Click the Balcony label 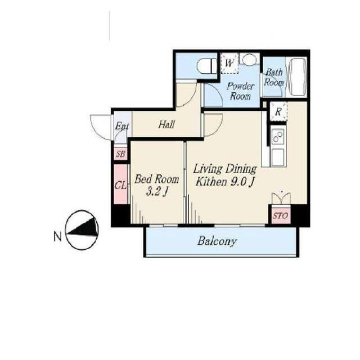click(217, 241)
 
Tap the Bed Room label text click(156, 179)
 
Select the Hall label click(166, 124)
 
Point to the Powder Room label click(240, 91)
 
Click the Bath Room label click(273, 78)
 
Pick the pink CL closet click(121, 184)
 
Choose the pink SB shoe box click(120, 154)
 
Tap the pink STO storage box click(280, 216)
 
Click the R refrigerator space click(278, 112)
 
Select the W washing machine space click(229, 63)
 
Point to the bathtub click(298, 77)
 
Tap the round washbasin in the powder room click(249, 59)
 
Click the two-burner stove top click(278, 136)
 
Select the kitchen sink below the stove click(278, 157)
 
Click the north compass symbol click(82, 229)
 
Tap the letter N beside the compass click(57, 236)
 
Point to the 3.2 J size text click(156, 192)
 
